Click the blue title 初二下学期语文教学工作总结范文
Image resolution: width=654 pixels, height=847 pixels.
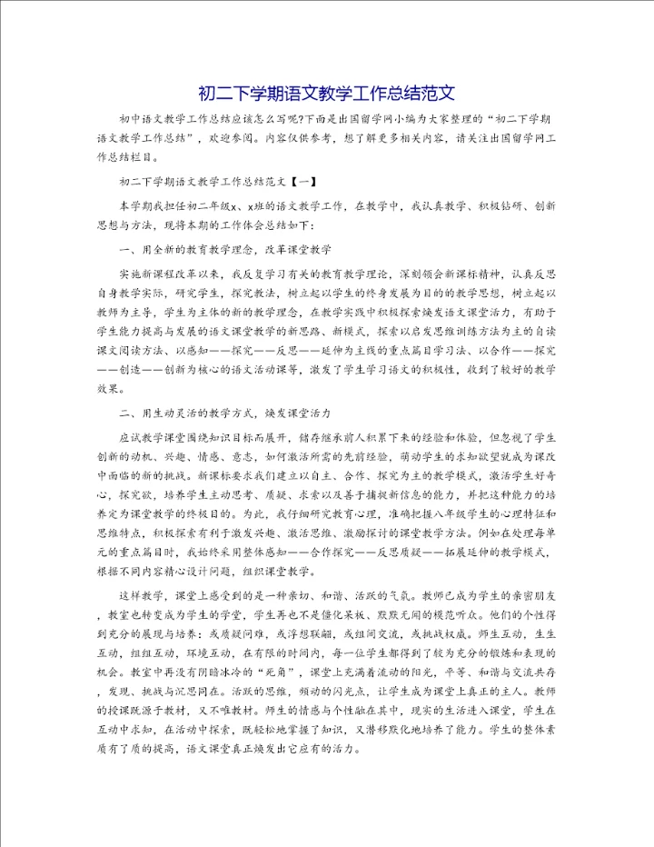click(x=326, y=95)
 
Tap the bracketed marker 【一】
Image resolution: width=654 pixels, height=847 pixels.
click(x=301, y=182)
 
